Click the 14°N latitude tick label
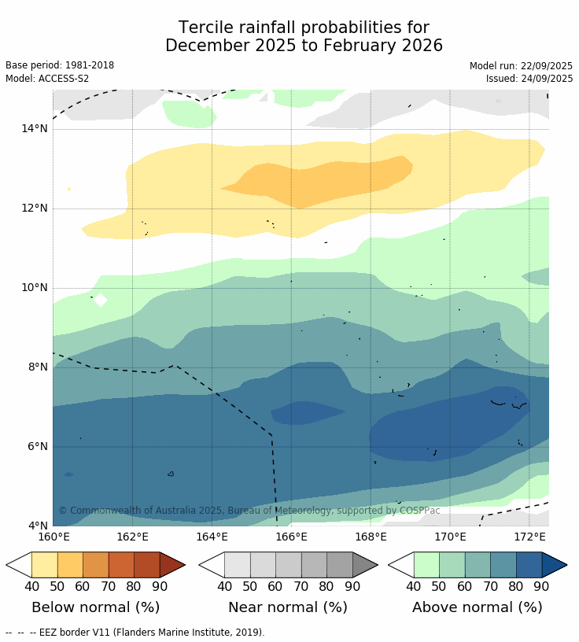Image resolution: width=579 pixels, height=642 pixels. click(34, 128)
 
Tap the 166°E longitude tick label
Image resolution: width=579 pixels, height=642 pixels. click(291, 537)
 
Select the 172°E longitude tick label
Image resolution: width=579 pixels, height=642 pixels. click(529, 537)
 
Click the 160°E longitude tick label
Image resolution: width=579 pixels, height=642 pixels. click(53, 537)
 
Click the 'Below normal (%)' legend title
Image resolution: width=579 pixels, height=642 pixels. click(95, 607)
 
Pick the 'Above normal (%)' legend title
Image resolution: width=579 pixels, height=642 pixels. click(478, 607)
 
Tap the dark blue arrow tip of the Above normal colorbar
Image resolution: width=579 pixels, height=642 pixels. click(555, 565)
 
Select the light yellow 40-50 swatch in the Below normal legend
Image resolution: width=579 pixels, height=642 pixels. click(44, 565)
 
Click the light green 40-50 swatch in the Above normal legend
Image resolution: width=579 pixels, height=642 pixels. click(426, 565)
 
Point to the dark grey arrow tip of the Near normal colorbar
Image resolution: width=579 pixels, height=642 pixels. click(365, 565)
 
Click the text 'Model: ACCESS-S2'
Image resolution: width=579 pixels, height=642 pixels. click(47, 79)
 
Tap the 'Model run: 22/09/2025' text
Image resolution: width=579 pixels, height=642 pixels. click(521, 66)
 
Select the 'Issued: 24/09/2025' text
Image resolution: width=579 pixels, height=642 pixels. click(529, 79)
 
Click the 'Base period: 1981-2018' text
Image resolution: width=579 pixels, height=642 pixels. click(60, 66)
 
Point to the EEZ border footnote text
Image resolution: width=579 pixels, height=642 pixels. click(135, 633)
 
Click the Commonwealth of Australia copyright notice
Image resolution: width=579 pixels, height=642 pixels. click(249, 511)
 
